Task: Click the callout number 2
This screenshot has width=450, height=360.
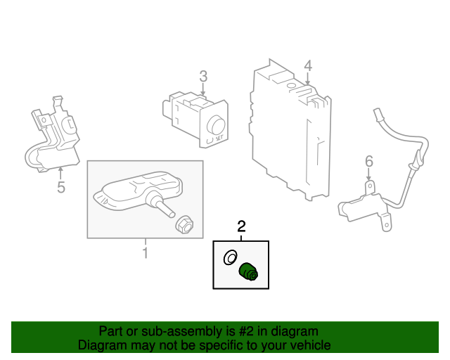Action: pos(241,226)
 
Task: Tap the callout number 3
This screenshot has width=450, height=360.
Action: pos(202,75)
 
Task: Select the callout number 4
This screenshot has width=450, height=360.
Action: pos(307,66)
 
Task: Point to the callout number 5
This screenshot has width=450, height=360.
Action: pos(60,187)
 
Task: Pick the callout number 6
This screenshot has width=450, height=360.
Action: pos(368,163)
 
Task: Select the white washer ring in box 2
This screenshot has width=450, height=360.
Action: pos(229,258)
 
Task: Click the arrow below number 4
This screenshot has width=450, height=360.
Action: pos(307,79)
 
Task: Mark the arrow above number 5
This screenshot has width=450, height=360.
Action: pos(60,172)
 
